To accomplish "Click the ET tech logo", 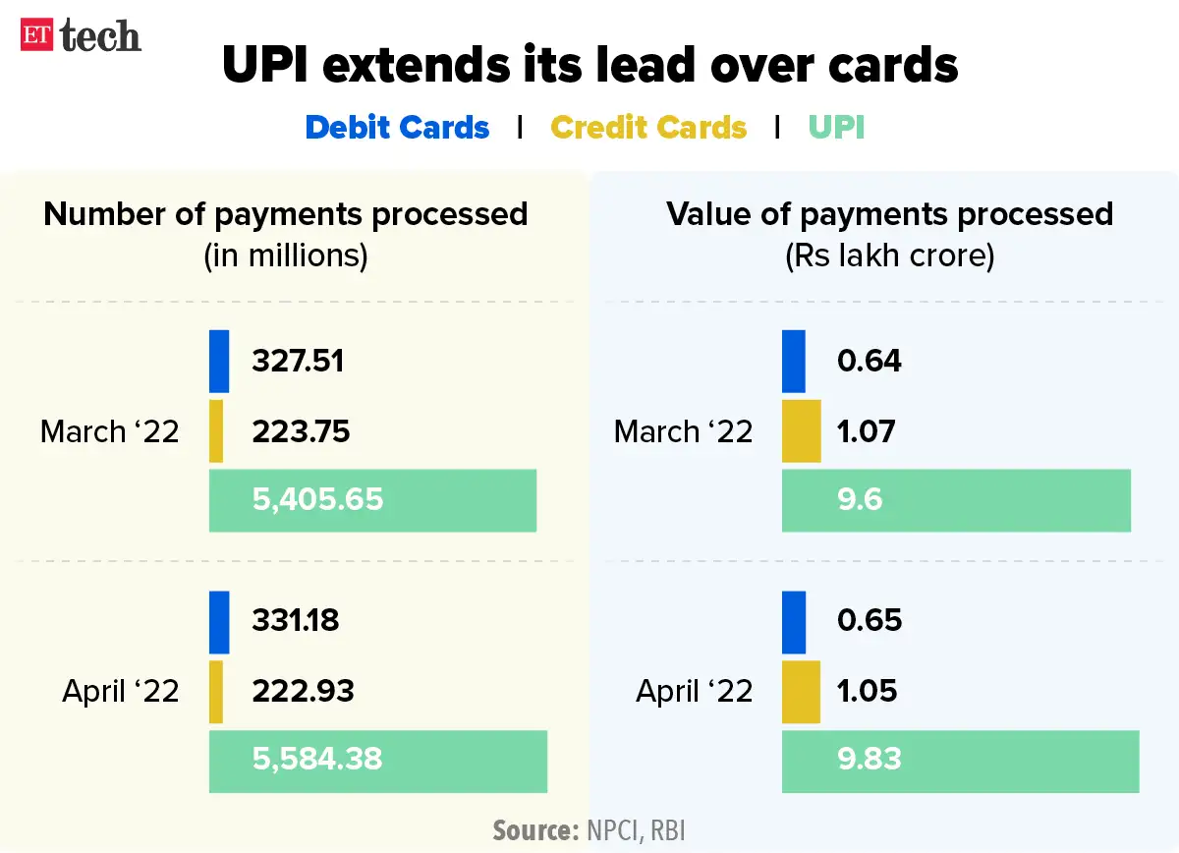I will pyautogui.click(x=81, y=37).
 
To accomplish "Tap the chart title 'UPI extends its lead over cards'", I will pyautogui.click(x=589, y=65).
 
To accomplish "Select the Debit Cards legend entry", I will pyautogui.click(x=397, y=128).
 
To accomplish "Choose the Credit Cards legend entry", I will pyautogui.click(x=648, y=128).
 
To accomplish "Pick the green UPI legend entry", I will pyautogui.click(x=836, y=128).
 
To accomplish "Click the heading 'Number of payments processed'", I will pyautogui.click(x=286, y=214).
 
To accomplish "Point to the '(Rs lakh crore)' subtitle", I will pyautogui.click(x=889, y=256).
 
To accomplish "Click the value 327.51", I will pyautogui.click(x=298, y=361).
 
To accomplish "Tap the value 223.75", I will pyautogui.click(x=301, y=431).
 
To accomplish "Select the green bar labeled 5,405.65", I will pyautogui.click(x=372, y=501).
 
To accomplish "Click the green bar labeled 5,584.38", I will pyautogui.click(x=377, y=760).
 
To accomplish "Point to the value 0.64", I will pyautogui.click(x=869, y=361).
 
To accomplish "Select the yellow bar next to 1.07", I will pyautogui.click(x=801, y=431).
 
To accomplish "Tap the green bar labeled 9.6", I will pyautogui.click(x=956, y=501).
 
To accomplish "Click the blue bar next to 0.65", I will pyautogui.click(x=794, y=621).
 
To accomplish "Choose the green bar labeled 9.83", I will pyautogui.click(x=960, y=760).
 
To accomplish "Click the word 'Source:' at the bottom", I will pyautogui.click(x=535, y=830).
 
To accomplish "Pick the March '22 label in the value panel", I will pyautogui.click(x=683, y=431).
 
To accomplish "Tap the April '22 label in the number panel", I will pyautogui.click(x=121, y=691).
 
